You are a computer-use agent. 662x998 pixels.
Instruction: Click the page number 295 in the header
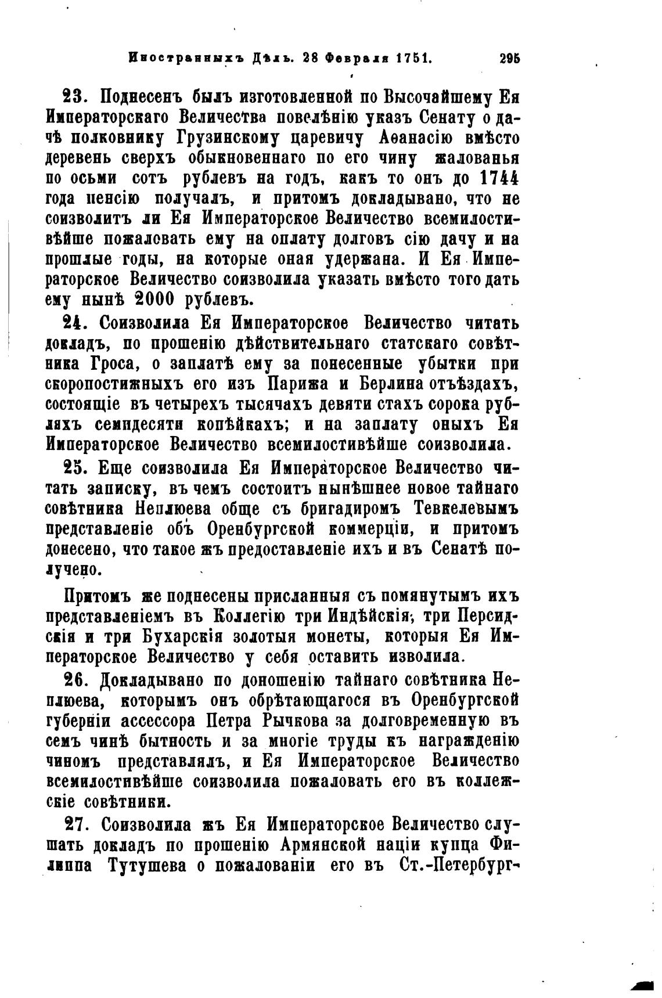coord(509,58)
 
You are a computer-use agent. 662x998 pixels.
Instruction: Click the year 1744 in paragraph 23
coord(500,176)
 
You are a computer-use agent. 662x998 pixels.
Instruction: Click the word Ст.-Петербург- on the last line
coord(460,866)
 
